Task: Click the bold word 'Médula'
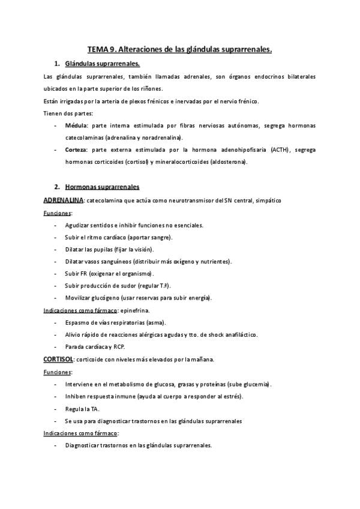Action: pos(76,125)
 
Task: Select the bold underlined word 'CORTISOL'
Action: pos(59,359)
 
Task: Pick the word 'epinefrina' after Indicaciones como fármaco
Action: pos(135,310)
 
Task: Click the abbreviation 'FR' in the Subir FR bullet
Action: pos(86,274)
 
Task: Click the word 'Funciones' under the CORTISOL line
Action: pos(57,372)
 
